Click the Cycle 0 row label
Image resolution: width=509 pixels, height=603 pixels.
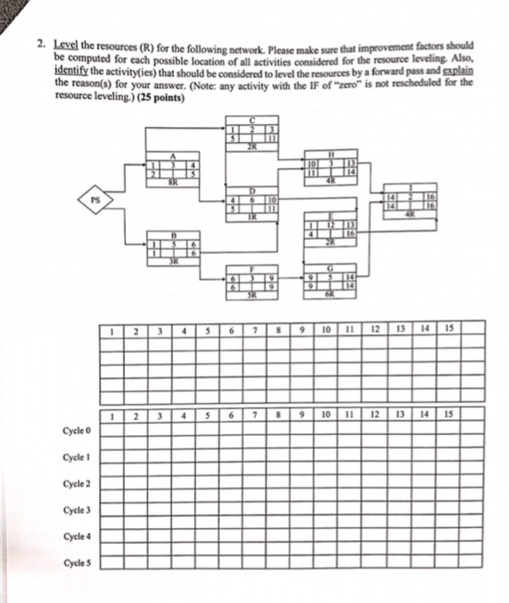coord(77,428)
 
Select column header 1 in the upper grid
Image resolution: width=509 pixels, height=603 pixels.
coord(113,328)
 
